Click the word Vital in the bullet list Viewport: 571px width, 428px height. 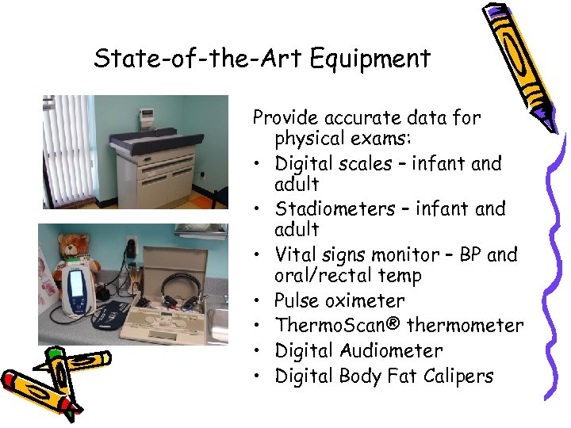[293, 255]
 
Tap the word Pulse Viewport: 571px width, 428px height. [295, 301]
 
